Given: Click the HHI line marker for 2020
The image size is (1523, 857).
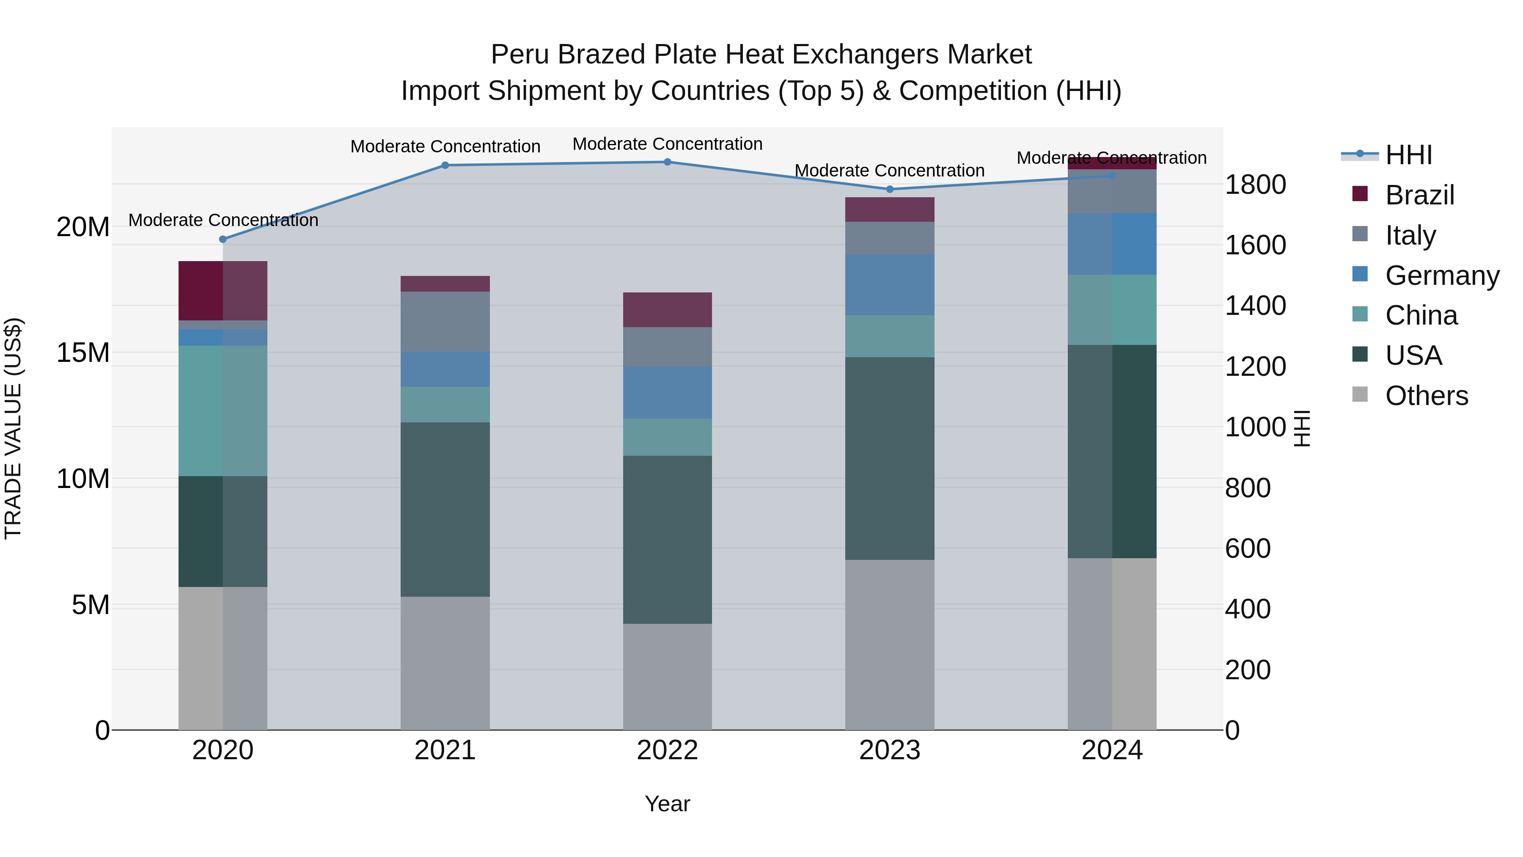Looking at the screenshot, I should tap(223, 240).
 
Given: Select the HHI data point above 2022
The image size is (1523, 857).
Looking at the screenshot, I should tap(668, 162).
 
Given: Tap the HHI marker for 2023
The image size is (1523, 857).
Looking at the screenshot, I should tap(890, 189).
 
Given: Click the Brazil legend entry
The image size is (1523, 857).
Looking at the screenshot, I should tap(1419, 195).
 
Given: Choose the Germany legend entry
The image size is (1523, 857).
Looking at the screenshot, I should tap(1441, 276).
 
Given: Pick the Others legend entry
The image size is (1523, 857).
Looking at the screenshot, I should tap(1426, 396).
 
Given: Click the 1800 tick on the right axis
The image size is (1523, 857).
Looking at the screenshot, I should tap(1255, 185).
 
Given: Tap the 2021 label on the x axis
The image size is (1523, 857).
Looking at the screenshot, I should tap(445, 750).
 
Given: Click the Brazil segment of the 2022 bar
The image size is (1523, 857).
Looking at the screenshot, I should tap(668, 310).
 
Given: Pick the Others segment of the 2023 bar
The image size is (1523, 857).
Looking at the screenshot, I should tap(890, 645).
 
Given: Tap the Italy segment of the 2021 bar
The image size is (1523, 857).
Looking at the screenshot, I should tap(445, 322).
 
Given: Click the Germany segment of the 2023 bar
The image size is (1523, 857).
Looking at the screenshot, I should tap(890, 285).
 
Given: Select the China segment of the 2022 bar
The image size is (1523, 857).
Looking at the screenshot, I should tap(668, 437).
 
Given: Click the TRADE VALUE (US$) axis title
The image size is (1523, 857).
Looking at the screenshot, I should tap(14, 428).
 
